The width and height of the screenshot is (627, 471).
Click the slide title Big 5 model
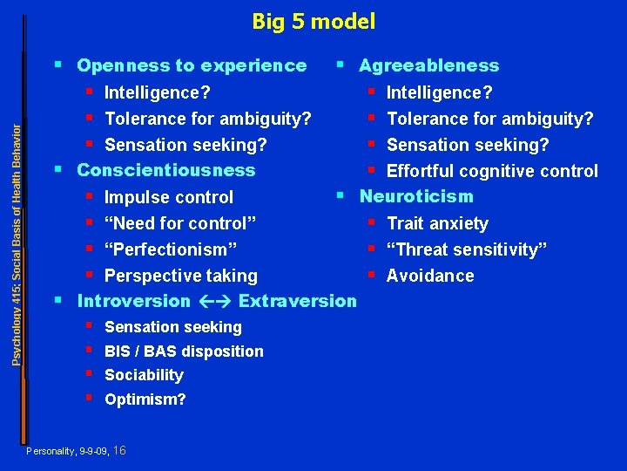pos(313,21)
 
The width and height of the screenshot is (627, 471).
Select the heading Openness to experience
pos(192,65)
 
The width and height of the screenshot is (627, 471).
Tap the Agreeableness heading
pos(428,65)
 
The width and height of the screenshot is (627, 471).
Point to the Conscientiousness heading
pos(166,170)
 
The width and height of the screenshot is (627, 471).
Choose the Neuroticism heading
pos(416,196)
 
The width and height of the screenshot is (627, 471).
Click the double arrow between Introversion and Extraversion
pos(214,302)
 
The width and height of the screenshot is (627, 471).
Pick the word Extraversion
pos(297,302)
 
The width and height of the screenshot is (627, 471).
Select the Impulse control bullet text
pos(169,197)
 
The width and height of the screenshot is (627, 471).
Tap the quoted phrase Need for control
pos(180,223)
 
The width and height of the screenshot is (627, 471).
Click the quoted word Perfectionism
pos(171,249)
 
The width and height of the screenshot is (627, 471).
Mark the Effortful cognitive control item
pos(492,171)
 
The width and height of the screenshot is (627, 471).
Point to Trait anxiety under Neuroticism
pos(437,223)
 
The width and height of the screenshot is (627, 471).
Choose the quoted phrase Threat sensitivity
pos(467,249)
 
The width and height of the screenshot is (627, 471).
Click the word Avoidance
pos(430,276)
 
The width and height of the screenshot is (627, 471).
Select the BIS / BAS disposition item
pos(184,352)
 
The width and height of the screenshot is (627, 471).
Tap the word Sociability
pos(144,375)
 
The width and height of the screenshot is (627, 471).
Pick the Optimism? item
pos(145,399)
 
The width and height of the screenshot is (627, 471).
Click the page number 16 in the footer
pos(120,450)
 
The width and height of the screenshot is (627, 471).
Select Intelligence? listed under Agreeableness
pos(439,92)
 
